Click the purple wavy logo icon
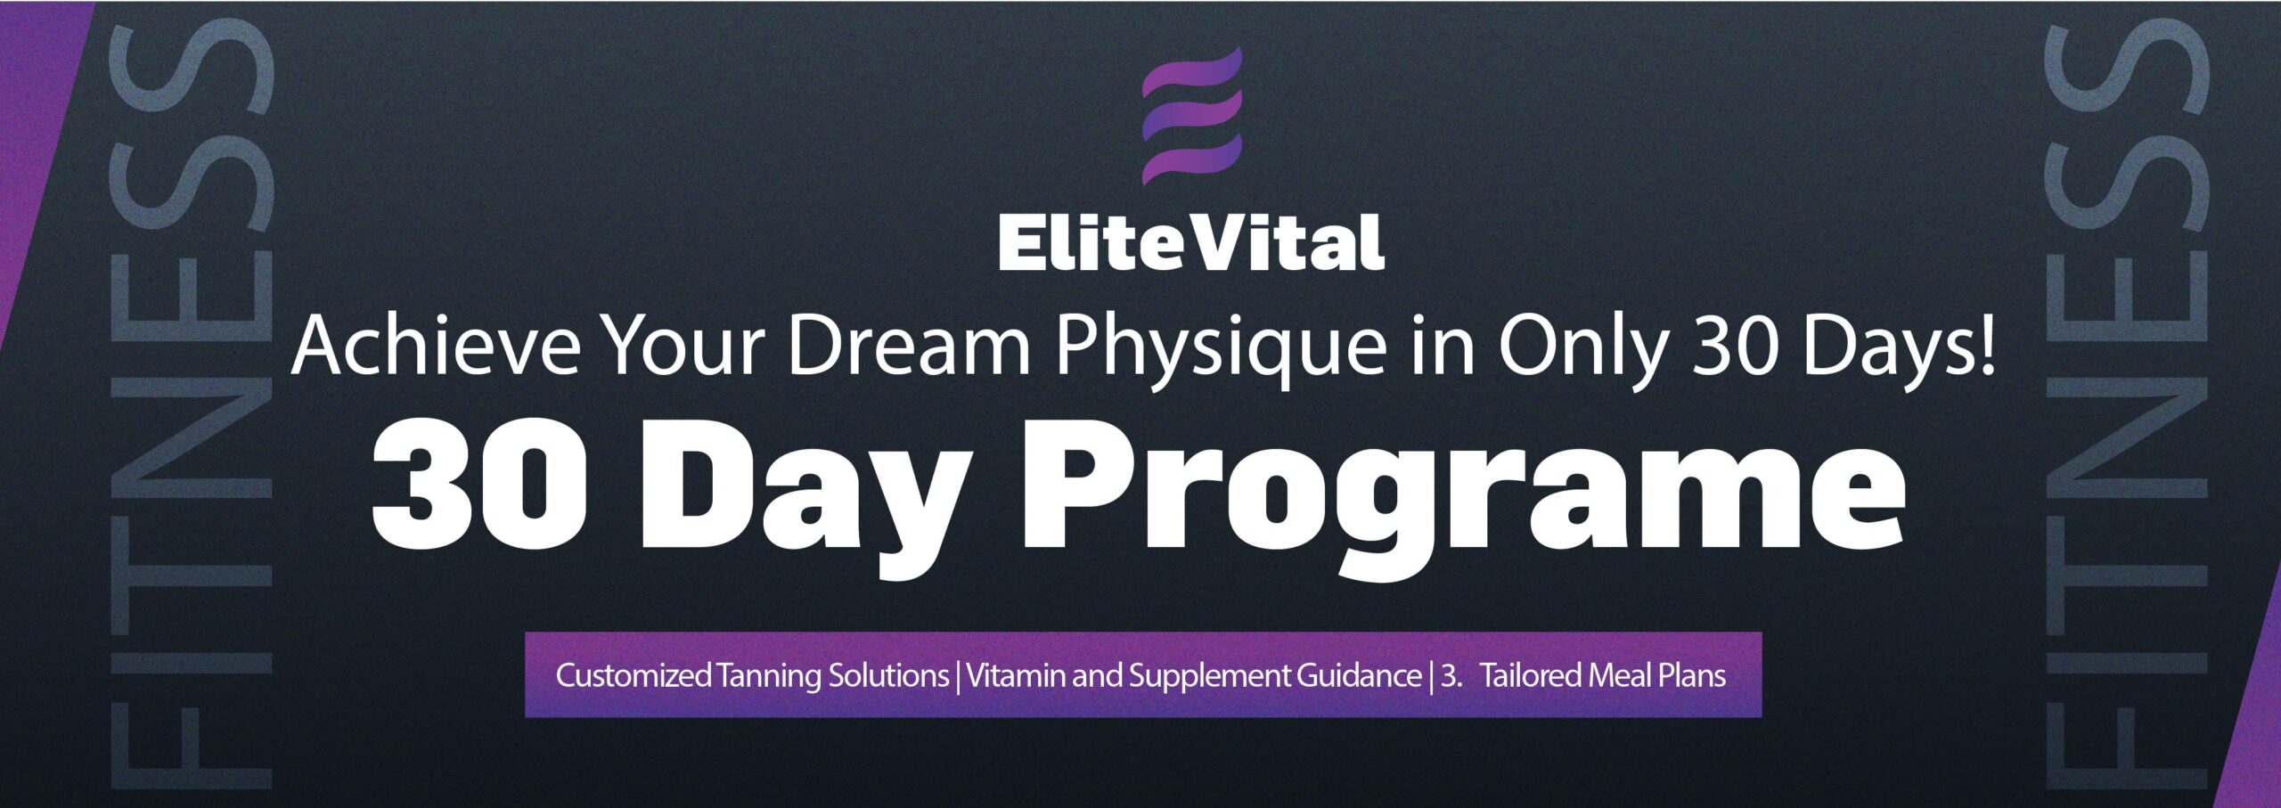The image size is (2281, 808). [x=1191, y=116]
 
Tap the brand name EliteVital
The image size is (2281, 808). [x=1191, y=241]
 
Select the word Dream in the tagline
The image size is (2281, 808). [x=909, y=347]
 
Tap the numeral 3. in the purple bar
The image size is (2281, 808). [x=1451, y=676]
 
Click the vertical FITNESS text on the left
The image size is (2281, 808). [x=189, y=405]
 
